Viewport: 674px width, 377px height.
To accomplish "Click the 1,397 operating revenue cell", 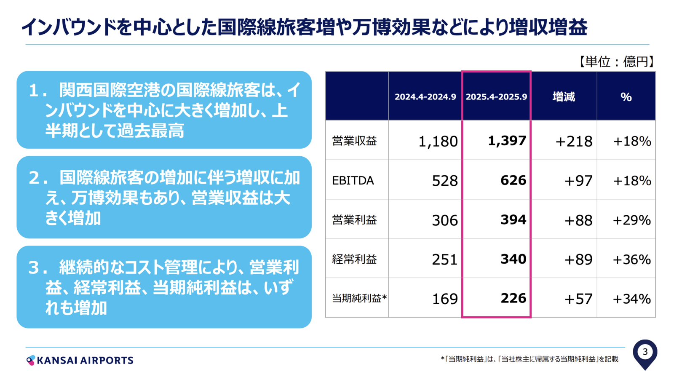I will [507, 141].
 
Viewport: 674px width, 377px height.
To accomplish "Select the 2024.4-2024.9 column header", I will [425, 97].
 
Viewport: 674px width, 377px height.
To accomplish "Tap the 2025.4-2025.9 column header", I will [496, 97].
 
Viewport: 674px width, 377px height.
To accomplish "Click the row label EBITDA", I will [353, 181].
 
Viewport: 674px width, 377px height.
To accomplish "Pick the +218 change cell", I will [574, 142].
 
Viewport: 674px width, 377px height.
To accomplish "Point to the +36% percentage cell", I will [632, 259].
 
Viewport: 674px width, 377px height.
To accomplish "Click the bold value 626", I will [513, 180].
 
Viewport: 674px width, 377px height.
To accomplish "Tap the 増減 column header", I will [564, 97].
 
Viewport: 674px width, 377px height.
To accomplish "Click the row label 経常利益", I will [354, 259].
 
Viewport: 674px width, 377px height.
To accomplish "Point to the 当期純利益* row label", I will [359, 299].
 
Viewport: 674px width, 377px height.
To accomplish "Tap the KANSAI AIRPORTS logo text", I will [84, 361].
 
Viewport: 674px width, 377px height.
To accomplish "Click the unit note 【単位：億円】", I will [616, 62].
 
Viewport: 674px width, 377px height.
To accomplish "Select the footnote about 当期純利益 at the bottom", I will [530, 359].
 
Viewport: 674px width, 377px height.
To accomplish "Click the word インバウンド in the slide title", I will [68, 27].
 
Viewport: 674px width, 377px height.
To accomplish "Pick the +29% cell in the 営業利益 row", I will [632, 220].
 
